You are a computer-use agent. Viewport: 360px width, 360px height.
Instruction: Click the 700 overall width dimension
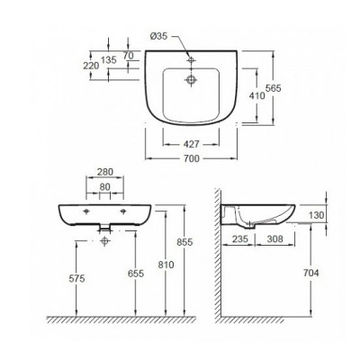pyautogui.click(x=188, y=158)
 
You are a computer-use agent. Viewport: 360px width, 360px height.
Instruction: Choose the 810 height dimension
pyautogui.click(x=162, y=266)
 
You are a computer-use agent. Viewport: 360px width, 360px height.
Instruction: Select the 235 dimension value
pyautogui.click(x=238, y=239)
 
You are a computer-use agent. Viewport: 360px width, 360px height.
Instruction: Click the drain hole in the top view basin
pyautogui.click(x=188, y=79)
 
